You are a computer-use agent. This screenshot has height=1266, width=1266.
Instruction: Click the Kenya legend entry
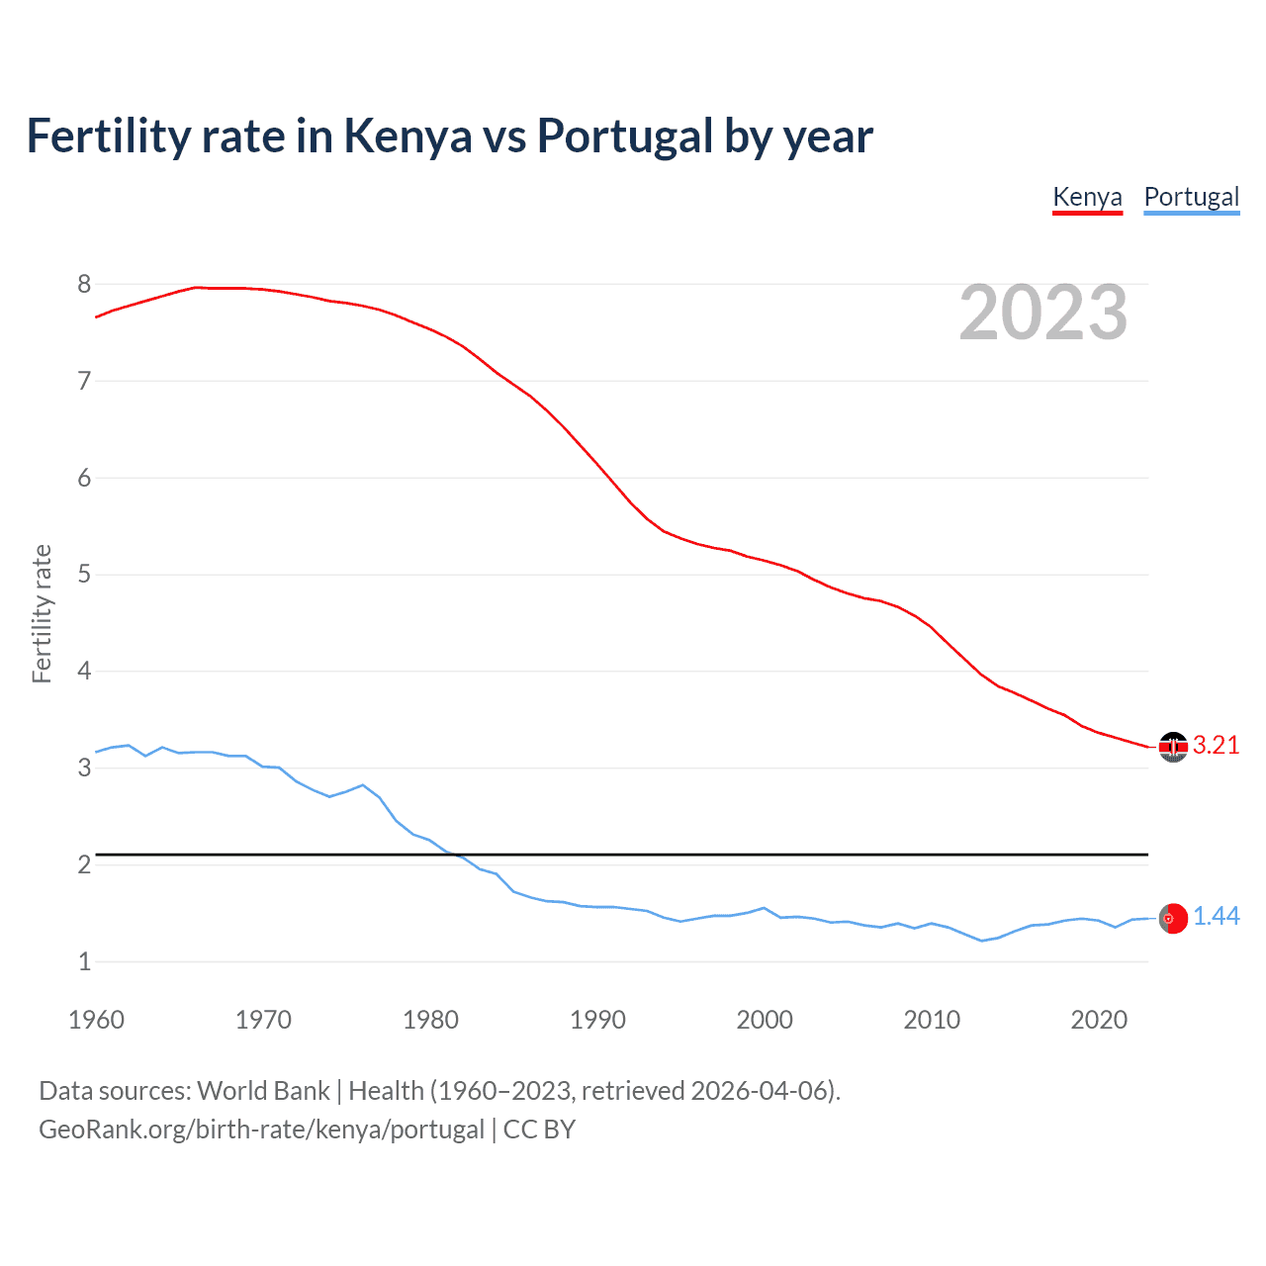[x=1087, y=197]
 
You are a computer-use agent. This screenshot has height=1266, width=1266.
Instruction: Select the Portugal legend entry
[x=1191, y=197]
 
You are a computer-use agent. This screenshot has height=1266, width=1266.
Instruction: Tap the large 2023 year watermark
[x=1042, y=313]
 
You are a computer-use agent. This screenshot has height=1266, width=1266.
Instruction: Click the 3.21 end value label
[x=1216, y=746]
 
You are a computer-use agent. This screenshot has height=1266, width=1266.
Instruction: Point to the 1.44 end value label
[x=1216, y=917]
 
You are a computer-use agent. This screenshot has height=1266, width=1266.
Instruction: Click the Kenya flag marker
[x=1173, y=747]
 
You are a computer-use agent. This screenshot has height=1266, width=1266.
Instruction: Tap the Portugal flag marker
[x=1173, y=918]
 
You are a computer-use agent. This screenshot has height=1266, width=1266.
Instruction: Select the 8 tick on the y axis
[x=84, y=285]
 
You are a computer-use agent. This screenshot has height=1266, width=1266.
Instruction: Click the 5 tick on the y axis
[x=84, y=575]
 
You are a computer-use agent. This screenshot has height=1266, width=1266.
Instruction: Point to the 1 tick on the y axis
[x=84, y=961]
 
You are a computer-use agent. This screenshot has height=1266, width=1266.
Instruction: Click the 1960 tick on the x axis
[x=96, y=1020]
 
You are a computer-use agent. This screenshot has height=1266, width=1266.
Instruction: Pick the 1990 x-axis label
[x=597, y=1020]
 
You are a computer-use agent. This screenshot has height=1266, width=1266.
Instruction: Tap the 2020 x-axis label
[x=1099, y=1020]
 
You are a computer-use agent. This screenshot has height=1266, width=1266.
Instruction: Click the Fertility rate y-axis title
[x=42, y=613]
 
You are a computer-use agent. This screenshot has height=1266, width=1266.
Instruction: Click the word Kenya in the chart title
[x=407, y=136]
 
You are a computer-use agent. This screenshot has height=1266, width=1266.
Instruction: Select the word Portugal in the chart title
[x=624, y=136]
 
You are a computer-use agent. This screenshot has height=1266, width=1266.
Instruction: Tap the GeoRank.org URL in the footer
[x=261, y=1130]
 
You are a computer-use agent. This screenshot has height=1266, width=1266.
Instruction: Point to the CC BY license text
[x=539, y=1130]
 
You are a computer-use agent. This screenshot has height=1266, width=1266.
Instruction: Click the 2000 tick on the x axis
[x=765, y=1020]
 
